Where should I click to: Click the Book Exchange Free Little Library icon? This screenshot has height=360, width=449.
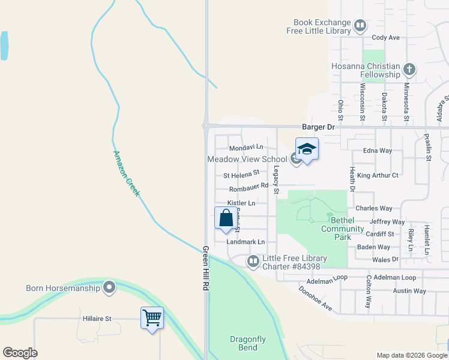360,26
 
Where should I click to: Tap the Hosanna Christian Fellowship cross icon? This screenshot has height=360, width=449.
409,69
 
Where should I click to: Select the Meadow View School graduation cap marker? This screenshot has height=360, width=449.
307,151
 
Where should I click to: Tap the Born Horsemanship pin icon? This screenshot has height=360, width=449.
109,287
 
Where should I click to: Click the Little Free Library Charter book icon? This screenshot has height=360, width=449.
253,261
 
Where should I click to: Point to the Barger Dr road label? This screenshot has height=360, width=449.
318,127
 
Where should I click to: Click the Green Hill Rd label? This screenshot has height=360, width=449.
205,269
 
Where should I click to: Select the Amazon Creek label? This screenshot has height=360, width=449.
126,173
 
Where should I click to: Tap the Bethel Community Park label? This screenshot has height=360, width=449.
343,229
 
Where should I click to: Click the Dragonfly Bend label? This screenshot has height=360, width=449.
247,343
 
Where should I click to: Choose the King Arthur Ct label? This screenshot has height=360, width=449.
378,175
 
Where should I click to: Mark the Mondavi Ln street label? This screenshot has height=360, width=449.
246,147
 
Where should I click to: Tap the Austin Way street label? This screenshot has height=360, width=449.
409,291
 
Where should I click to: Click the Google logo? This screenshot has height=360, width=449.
20,353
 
